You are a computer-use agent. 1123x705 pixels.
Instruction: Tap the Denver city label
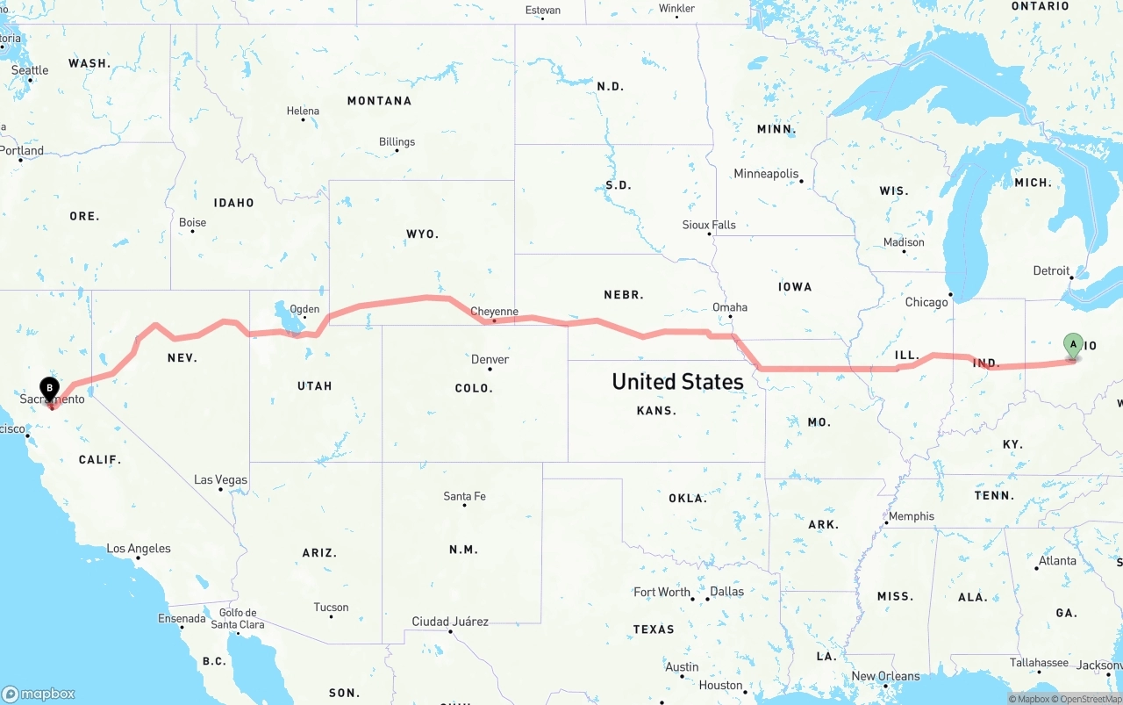[x=490, y=359]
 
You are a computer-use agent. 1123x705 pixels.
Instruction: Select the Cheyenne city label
[x=494, y=312]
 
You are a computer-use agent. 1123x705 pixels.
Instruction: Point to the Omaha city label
[x=730, y=307]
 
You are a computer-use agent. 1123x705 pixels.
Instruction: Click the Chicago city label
[x=926, y=302]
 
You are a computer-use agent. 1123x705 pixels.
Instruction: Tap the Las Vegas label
[x=220, y=480]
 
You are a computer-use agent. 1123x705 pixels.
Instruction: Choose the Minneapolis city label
[x=766, y=174]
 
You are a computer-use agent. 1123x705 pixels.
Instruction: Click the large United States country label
[x=677, y=381]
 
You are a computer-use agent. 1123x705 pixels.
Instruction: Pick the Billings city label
[x=397, y=142]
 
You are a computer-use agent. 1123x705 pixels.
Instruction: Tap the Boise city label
[x=192, y=223]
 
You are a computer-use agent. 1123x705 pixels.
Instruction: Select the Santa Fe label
[x=464, y=497]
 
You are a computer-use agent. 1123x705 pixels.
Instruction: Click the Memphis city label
[x=912, y=516]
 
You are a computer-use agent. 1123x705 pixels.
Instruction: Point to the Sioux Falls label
[x=709, y=225]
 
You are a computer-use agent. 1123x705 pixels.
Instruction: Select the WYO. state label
[x=422, y=234]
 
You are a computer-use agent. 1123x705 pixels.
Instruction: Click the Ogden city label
[x=304, y=309]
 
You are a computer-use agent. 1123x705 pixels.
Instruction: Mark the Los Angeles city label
[x=139, y=549]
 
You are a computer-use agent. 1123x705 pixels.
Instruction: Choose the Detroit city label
[x=1051, y=271]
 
